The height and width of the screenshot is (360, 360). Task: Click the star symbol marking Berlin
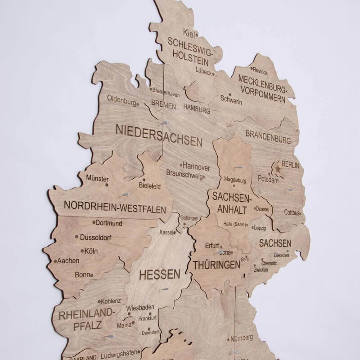pos(278,170)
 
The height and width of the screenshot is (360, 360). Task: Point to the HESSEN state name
pos(159,274)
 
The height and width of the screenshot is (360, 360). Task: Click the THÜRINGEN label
pos(216,265)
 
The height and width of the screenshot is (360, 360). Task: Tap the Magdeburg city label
pos(235,180)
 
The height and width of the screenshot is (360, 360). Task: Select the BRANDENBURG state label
pos(268,137)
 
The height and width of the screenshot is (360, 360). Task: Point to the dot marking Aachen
pos(55,261)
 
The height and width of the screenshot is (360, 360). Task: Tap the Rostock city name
pos(260,72)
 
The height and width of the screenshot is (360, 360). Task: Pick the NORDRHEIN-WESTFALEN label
pos(115,207)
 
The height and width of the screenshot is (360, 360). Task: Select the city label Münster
pos(97,178)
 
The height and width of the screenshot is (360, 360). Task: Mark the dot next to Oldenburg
pos(138,104)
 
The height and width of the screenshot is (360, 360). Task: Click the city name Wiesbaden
pos(140,308)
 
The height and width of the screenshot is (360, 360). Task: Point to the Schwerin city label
pos(231,102)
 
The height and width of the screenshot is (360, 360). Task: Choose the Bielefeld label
pos(149,186)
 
